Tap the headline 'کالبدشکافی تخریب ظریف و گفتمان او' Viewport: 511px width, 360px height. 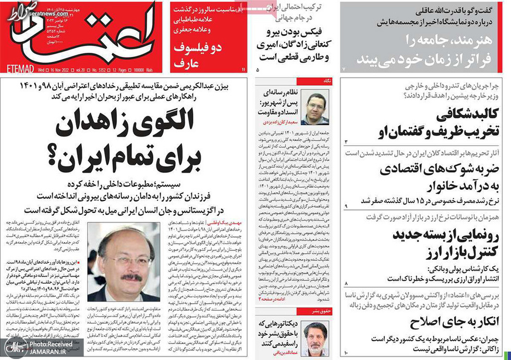tap(421, 123)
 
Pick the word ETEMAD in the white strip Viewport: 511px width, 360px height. tap(19, 68)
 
